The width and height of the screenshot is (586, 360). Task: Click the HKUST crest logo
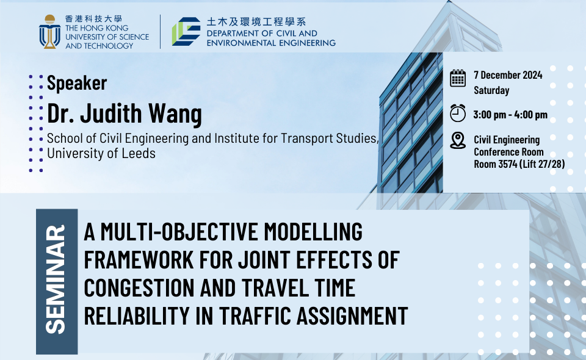[49, 32]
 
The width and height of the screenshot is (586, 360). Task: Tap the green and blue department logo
[186, 31]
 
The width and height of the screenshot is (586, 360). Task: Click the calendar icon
[458, 78]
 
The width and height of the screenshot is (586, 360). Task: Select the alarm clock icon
[458, 113]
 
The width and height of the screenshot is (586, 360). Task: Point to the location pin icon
[458, 140]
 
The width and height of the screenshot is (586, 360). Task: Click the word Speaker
[77, 83]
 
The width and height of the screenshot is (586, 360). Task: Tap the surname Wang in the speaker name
[175, 113]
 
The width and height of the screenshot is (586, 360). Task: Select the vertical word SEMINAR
[56, 279]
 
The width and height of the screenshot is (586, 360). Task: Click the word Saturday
[491, 90]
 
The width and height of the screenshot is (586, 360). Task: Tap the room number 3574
[507, 164]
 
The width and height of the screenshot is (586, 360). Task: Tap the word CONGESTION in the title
[139, 287]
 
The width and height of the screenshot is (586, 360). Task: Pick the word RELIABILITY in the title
[137, 315]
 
